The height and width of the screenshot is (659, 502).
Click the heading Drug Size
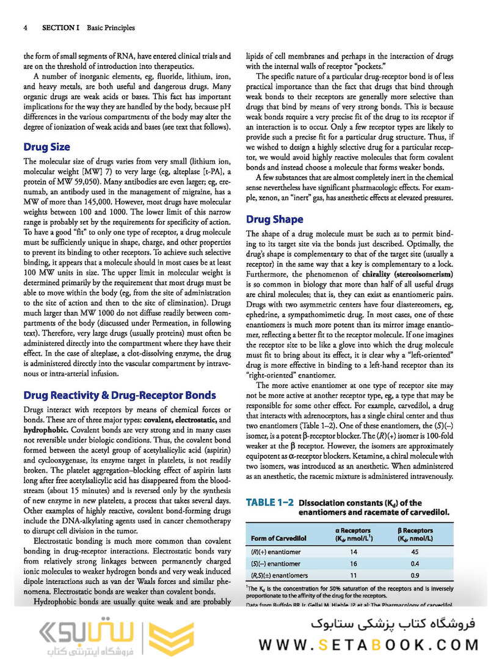coord(46,147)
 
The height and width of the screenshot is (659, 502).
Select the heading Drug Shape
coord(274,219)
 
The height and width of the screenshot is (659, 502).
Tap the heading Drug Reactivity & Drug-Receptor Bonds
coord(119,395)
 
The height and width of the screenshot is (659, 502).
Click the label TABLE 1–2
coord(269,503)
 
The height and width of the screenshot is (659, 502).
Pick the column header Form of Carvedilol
coord(278,538)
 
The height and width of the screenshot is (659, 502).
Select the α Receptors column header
coord(354,534)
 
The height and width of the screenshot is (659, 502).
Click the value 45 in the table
coord(415,552)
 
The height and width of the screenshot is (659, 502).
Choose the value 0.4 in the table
coord(415,564)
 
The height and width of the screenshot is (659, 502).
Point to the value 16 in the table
coord(354,564)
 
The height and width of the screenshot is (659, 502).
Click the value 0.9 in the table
coord(415,575)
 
